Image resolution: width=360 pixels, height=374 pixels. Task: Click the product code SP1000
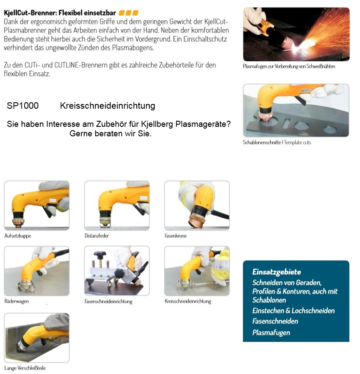point(23,106)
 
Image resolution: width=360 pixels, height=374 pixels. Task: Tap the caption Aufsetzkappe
point(18,236)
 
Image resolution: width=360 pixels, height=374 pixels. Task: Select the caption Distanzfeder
point(97,236)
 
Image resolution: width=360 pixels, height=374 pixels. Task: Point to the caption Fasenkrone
point(176,236)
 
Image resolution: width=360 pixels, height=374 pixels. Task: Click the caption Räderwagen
point(17,301)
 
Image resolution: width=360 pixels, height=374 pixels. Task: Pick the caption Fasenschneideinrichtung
point(108,302)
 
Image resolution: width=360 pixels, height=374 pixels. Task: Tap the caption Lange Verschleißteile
point(25,368)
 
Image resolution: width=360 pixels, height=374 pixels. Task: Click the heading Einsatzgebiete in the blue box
point(277,272)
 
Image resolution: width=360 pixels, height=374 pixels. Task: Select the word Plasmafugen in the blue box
point(271,333)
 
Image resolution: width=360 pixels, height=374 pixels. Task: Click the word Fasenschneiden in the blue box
point(275,321)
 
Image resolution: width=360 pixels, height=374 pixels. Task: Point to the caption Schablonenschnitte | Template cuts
point(277,142)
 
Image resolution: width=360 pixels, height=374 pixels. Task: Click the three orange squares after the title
point(129,13)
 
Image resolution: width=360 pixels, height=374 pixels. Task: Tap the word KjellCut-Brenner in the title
point(30,13)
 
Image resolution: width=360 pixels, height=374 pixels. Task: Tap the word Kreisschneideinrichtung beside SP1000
point(107,106)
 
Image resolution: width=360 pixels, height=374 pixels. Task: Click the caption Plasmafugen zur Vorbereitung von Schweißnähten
point(289,66)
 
